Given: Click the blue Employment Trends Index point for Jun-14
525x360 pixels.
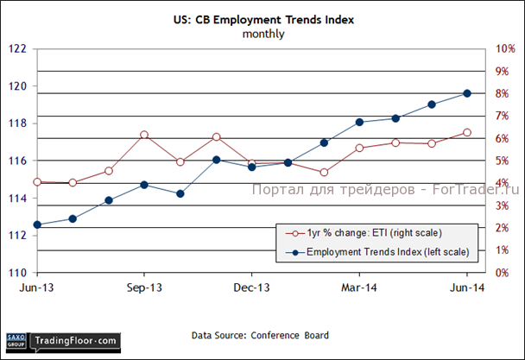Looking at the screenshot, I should pos(467,93).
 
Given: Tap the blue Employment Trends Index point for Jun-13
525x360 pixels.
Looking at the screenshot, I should pos(37,224).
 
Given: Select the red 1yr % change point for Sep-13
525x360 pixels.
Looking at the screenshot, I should pos(144,135).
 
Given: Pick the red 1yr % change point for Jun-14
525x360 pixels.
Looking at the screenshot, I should pos(467,132).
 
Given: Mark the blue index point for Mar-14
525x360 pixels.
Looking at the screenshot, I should pos(359,123).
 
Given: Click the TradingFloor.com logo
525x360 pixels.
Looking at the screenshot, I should pos(73,342).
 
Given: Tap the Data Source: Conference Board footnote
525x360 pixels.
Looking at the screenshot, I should pos(259,335).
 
